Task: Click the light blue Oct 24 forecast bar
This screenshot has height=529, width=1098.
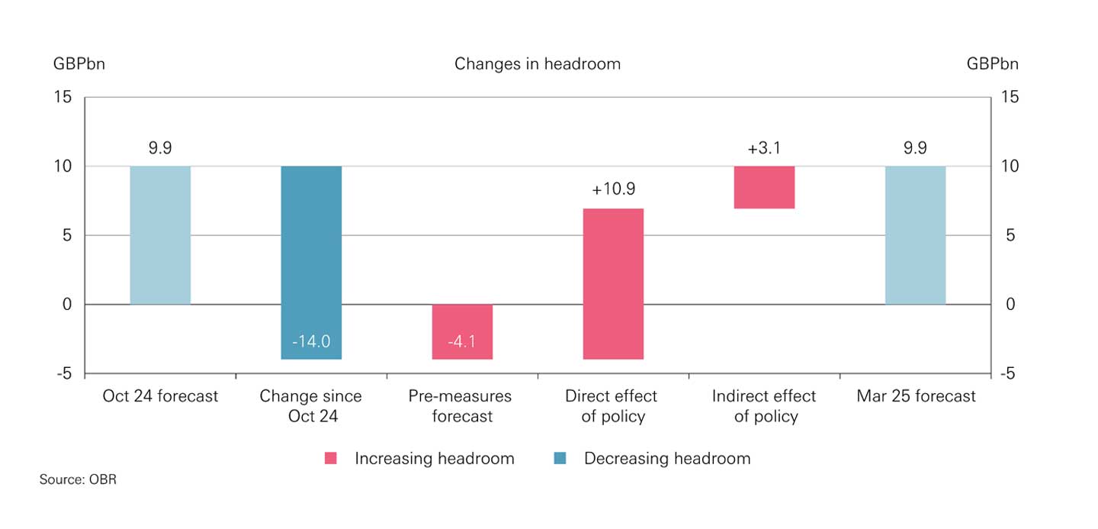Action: click(x=160, y=235)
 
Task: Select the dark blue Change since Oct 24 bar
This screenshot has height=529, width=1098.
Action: click(x=311, y=252)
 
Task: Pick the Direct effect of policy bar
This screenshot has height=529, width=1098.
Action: click(x=613, y=283)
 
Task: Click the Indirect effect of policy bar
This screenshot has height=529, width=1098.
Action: click(x=764, y=187)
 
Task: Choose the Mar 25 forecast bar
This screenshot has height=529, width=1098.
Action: click(x=915, y=235)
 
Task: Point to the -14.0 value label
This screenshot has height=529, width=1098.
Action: click(x=311, y=341)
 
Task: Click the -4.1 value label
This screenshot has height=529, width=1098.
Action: click(x=462, y=341)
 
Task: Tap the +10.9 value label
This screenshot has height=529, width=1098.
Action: click(x=613, y=189)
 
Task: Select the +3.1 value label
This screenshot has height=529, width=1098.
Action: click(x=764, y=148)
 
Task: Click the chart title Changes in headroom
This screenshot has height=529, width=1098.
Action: click(x=538, y=64)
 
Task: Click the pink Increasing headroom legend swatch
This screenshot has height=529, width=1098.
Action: click(x=331, y=459)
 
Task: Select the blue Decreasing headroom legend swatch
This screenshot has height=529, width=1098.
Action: click(x=560, y=459)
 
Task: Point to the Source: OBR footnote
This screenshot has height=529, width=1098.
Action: click(x=78, y=480)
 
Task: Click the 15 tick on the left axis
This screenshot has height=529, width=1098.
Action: click(x=63, y=97)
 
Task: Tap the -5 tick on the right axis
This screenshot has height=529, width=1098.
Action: click(x=1009, y=374)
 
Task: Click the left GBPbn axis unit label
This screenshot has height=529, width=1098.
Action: click(x=79, y=64)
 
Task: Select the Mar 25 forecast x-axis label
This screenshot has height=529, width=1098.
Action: click(x=916, y=396)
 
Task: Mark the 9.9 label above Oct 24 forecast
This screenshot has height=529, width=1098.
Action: click(x=160, y=148)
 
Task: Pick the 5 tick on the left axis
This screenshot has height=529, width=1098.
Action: click(x=67, y=235)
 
